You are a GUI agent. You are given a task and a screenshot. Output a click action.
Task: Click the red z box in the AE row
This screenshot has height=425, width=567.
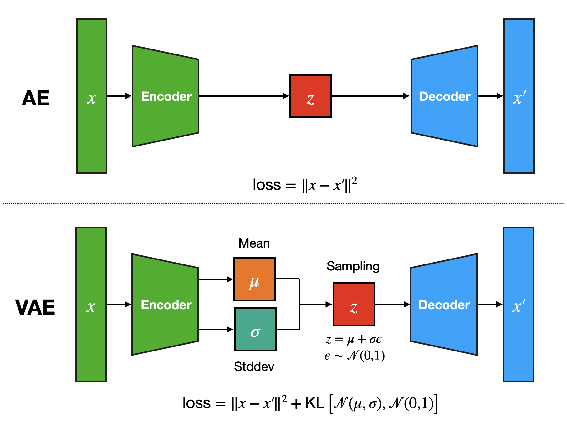pos(310,96)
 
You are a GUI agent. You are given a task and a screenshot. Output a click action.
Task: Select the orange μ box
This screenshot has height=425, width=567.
pos(254,279)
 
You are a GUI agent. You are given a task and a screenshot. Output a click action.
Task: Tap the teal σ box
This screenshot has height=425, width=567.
pos(255,329)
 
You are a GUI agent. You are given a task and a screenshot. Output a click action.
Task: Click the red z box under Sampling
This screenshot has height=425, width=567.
pos(354,304)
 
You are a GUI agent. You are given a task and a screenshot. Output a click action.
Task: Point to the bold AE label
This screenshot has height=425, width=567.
pos(36,98)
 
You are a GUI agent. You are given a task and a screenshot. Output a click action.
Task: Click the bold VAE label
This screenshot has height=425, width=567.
pos(35,307)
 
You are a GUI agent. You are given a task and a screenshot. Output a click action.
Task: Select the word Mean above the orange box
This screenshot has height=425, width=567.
pos(254,243)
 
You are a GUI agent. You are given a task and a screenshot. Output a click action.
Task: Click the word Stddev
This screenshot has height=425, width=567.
pos(254,366)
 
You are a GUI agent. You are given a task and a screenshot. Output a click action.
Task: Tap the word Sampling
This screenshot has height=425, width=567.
pos(353,266)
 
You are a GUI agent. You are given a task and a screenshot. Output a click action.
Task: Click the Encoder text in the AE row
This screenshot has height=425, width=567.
pos(166,96)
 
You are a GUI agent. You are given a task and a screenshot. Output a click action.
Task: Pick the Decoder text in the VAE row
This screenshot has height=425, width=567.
pos(444,305)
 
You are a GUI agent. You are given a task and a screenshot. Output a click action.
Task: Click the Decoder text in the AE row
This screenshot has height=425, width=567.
pos(445,96)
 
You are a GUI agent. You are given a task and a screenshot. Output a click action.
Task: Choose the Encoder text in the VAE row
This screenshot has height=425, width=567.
pos(166,305)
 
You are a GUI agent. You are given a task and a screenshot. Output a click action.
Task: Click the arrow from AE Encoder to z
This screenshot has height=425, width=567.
pos(244,96)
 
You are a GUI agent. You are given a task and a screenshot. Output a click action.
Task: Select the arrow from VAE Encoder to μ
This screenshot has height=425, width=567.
pos(216,279)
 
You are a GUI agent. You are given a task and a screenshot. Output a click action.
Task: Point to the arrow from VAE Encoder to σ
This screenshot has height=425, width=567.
pos(216,329)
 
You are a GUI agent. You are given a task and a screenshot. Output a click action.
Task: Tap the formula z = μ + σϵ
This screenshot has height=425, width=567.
pos(354,340)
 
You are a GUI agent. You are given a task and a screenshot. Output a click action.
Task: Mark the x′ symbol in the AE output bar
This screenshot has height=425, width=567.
pos(519,98)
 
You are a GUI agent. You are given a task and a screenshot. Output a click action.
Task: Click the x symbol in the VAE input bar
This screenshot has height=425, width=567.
pos(91,307)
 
